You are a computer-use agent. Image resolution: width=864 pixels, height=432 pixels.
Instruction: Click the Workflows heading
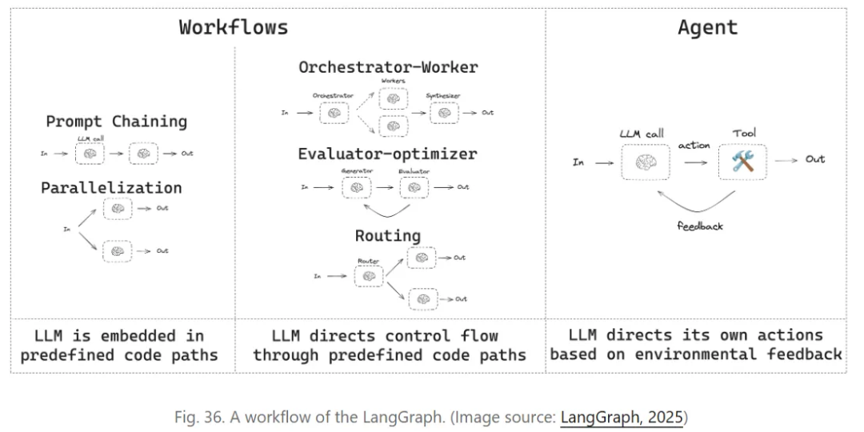tap(233, 26)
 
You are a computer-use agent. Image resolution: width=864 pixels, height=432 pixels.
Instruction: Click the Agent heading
tap(707, 26)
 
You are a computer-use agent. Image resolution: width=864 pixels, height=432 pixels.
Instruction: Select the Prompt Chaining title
tap(116, 122)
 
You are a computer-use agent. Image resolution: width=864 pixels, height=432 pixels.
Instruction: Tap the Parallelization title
tap(112, 188)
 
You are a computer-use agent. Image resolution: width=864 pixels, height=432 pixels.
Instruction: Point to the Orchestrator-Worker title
tap(388, 67)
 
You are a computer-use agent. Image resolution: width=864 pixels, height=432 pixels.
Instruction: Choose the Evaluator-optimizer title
tap(387, 154)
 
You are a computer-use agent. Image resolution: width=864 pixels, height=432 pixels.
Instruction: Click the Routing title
tap(388, 235)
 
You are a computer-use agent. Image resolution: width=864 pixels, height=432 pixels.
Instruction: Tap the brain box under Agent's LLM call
tap(646, 162)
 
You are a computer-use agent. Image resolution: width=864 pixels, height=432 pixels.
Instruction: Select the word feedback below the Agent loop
tap(699, 226)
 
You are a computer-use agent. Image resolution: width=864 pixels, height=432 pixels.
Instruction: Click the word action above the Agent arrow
tap(694, 146)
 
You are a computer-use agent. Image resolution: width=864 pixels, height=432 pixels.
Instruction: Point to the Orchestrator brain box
tap(334, 113)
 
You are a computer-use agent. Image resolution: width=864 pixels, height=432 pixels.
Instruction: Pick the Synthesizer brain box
tap(445, 113)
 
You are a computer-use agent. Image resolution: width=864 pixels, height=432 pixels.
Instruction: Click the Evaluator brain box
tap(414, 187)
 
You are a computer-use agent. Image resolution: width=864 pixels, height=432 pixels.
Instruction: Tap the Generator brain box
tap(357, 187)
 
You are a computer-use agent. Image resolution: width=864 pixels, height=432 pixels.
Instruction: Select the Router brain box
tap(368, 276)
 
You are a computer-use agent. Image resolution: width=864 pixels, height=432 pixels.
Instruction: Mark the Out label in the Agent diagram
tap(814, 159)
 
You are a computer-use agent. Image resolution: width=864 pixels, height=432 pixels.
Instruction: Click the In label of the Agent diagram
tap(578, 162)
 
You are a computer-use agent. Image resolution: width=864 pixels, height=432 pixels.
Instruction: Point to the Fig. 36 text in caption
tap(198, 417)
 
